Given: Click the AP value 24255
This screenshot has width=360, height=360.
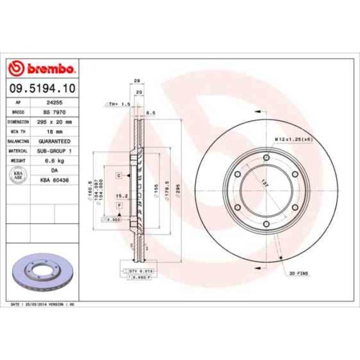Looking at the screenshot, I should [54, 103].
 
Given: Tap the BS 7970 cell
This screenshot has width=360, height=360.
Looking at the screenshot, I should [54, 112].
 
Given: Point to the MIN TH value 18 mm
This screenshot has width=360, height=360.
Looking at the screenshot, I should [54, 131].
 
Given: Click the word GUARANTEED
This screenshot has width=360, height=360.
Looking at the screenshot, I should [54, 141].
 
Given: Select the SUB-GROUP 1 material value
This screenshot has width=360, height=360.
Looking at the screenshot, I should [54, 150].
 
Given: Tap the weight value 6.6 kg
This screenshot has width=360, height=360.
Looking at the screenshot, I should [54, 160].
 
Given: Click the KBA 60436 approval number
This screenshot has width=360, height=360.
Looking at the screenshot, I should [54, 179].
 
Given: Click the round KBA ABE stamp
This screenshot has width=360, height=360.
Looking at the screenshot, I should [18, 174].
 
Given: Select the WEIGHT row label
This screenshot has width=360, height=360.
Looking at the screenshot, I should [15, 160].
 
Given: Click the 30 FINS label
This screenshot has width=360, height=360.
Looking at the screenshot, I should [299, 274].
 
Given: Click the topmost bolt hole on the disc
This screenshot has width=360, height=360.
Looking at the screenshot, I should [266, 158].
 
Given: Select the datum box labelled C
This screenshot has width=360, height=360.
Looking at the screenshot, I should [119, 175].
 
